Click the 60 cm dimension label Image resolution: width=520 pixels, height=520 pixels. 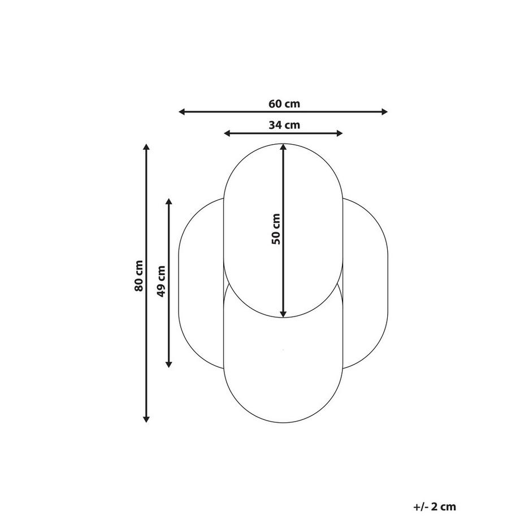284,103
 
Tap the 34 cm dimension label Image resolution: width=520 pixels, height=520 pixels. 284,125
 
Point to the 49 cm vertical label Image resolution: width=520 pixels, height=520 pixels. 161,281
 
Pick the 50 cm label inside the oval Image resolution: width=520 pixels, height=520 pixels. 276,229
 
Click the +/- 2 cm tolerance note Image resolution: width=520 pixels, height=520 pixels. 434,507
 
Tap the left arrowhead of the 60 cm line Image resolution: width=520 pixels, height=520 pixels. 182,112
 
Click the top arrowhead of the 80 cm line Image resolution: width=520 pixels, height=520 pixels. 146,148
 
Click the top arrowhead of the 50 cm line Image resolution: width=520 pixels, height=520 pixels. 283,147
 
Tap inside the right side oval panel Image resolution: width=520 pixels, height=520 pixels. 366,283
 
